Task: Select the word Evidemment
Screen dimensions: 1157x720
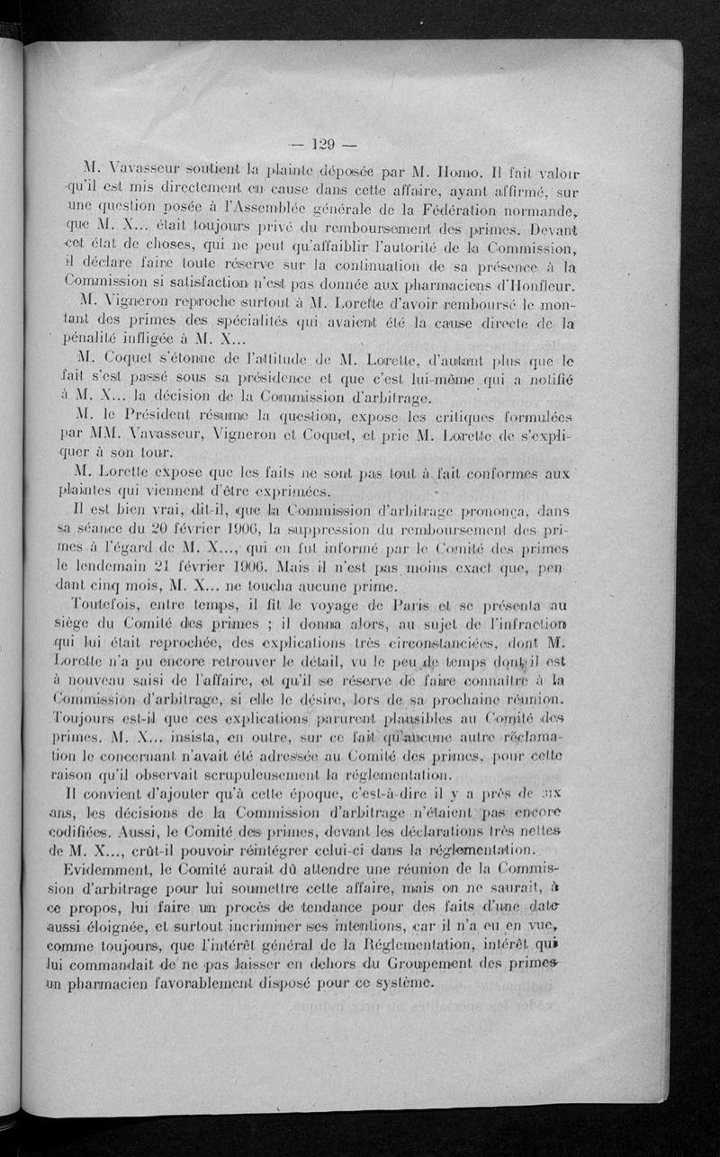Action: tap(130, 869)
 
